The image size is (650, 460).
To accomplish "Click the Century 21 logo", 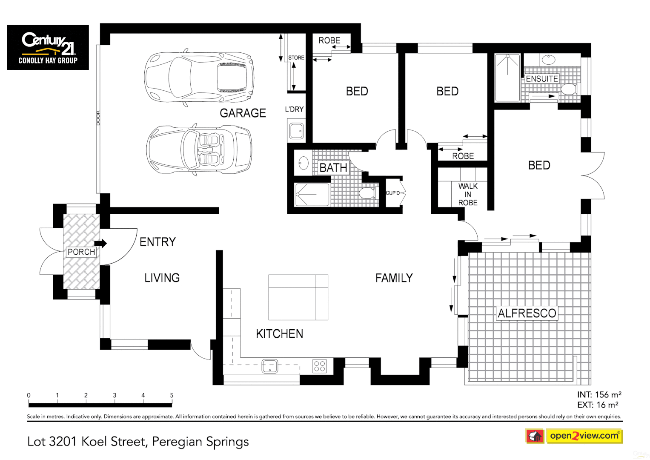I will coord(48,47).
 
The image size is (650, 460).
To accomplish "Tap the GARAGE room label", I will coord(243,113).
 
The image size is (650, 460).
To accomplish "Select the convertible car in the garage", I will coord(199,149).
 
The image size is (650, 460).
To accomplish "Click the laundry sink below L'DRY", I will coord(296,131).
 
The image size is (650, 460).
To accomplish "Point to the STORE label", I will coord(296,57).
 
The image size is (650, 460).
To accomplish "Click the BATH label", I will coord(333,168).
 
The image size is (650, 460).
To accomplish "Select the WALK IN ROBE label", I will coord(468,194).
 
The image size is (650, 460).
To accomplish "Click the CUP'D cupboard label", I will coord(393,193).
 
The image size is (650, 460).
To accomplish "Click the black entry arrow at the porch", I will coord(101,243).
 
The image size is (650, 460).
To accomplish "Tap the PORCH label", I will coord(81,252).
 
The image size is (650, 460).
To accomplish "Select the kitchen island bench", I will coord(298,297).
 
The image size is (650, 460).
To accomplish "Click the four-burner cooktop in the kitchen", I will coord(320,366).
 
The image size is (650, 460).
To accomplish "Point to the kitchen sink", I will coord(269,366).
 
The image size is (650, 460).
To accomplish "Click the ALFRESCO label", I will coord(527,313).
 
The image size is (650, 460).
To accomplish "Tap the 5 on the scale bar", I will coord(172,395).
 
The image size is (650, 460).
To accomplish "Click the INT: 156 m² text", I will coord(599,395).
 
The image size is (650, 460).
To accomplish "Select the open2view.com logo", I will coord(584,436).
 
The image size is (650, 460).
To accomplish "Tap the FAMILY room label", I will coord(394,278).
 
